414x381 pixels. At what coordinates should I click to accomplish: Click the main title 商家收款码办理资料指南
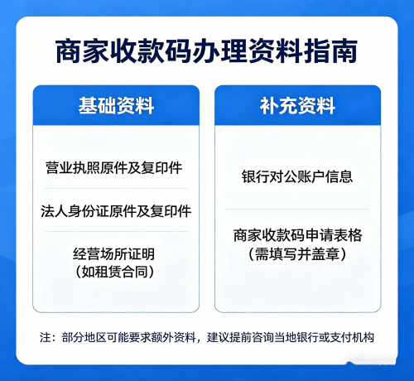coord(206,51)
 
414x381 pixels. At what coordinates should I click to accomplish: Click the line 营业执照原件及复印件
coord(115,168)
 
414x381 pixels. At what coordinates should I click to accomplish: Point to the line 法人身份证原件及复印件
coord(115,210)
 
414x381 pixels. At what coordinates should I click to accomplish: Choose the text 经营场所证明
coord(115,253)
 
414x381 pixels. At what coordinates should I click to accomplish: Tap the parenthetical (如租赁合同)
coord(115,271)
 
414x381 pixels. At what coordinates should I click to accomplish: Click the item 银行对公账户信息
coord(297,177)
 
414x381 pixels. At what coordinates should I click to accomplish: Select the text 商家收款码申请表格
coord(297,235)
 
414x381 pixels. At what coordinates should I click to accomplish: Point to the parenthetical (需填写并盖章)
coord(297,254)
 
